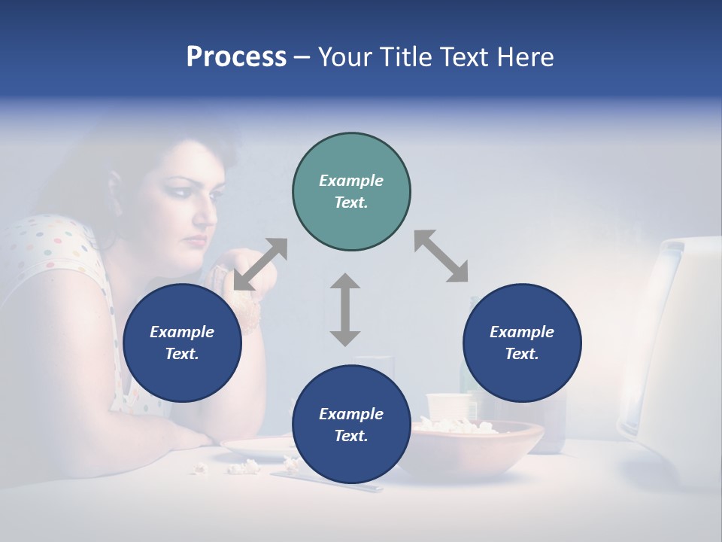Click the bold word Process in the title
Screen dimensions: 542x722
236,57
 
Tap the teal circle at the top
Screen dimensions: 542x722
351,191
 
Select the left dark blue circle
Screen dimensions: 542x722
182,343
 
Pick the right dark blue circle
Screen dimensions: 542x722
522,343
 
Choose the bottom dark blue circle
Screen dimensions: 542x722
351,425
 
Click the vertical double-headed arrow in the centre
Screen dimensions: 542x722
345,309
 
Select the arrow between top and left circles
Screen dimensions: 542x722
260,264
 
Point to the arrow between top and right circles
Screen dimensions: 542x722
441,256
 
